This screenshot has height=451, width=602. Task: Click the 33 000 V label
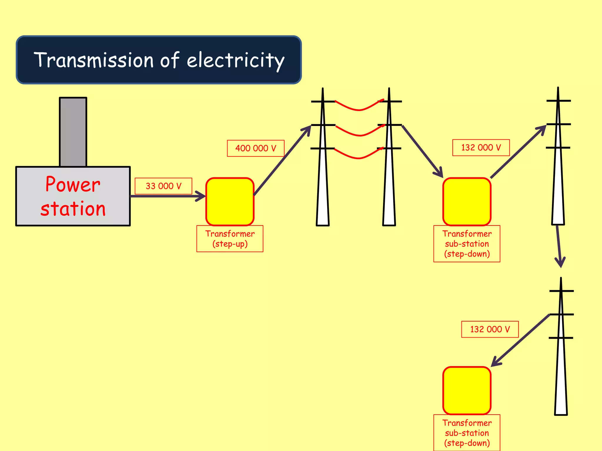pos(163,186)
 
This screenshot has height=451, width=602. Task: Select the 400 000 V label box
pos(255,148)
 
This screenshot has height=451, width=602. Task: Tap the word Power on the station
pos(73,184)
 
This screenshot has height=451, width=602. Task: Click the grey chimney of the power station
pos(73,132)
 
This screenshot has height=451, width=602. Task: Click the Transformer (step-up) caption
pos(230,239)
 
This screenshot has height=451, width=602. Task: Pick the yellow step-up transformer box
pos(230,202)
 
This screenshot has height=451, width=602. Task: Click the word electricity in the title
pos(235,60)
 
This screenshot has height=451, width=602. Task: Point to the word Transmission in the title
pos(94,60)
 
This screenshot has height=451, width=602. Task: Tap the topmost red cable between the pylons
pos(359,110)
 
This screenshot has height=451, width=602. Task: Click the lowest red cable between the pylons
pos(359,158)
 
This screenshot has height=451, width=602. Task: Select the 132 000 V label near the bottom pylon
pos(490,329)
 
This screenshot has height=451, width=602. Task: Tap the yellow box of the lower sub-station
pos(467,391)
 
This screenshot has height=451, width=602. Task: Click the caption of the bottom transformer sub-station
pos(467,433)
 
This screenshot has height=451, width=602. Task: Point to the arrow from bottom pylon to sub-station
pos(520,341)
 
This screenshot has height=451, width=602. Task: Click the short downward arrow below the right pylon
pos(559,247)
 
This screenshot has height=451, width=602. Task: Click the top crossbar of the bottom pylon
pos(561,291)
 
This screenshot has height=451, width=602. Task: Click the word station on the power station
pos(73,209)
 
